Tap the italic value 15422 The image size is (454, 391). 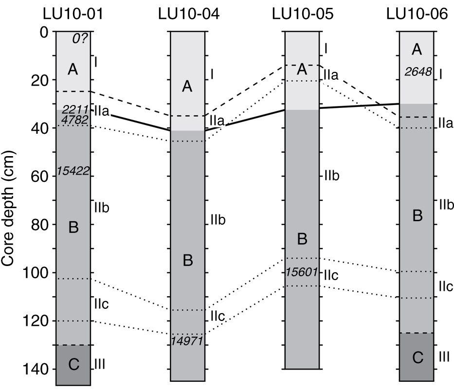coord(73,171)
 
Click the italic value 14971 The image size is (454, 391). coord(188,341)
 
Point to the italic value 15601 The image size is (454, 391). coord(302,272)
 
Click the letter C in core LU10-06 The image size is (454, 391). coord(417,357)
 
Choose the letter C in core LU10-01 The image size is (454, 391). coord(73,364)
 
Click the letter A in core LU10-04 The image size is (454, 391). coord(187,87)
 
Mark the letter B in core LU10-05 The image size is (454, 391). coord(302,239)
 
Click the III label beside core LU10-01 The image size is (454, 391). coord(99,363)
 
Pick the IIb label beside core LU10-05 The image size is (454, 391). coord(332,176)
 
